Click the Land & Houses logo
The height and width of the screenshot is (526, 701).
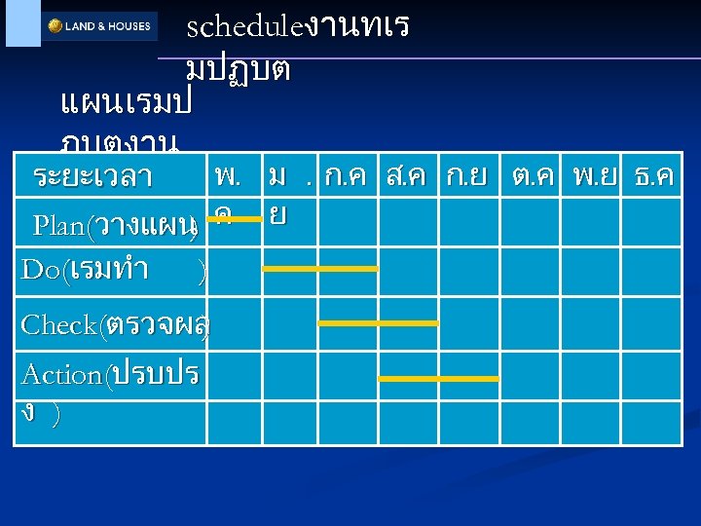(x=99, y=26)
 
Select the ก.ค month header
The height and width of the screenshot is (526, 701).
(x=348, y=177)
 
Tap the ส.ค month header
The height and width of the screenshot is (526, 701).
(x=410, y=177)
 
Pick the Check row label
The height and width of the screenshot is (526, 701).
(x=113, y=324)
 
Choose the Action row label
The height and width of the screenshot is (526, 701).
(x=109, y=374)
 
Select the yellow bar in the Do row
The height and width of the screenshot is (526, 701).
(x=319, y=269)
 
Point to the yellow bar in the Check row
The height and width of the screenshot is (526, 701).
(x=379, y=322)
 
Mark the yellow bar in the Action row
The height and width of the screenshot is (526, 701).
(x=438, y=378)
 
